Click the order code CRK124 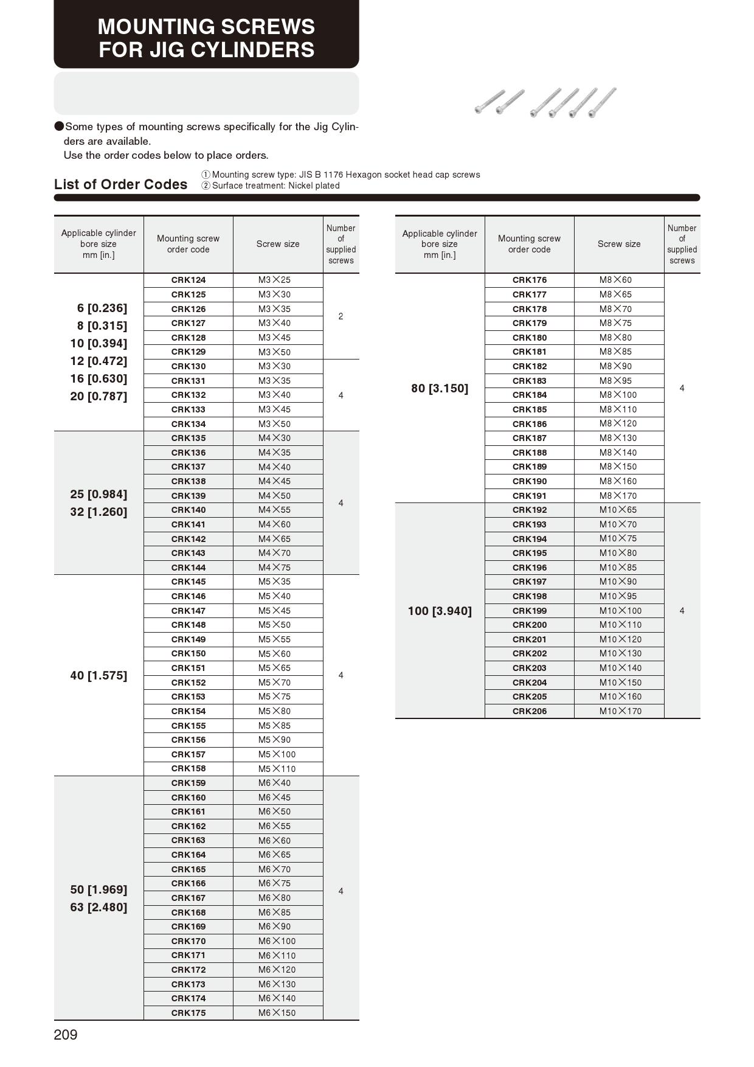pyautogui.click(x=188, y=280)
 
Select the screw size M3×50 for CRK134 pyautogui.click(x=274, y=424)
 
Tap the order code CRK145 pyautogui.click(x=188, y=582)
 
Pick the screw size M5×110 pyautogui.click(x=277, y=768)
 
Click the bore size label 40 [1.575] pyautogui.click(x=99, y=675)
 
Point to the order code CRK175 pyautogui.click(x=188, y=1013)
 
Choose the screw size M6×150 pyautogui.click(x=277, y=1013)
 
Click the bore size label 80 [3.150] pyautogui.click(x=440, y=388)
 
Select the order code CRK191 pyautogui.click(x=530, y=496)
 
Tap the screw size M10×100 pyautogui.click(x=620, y=611)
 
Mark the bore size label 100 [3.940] pyautogui.click(x=440, y=611)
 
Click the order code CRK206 pyautogui.click(x=530, y=711)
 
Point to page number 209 pyautogui.click(x=66, y=1035)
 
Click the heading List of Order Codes pyautogui.click(x=120, y=184)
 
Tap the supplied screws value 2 pyautogui.click(x=341, y=316)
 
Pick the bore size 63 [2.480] pyautogui.click(x=99, y=907)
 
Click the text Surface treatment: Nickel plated pyautogui.click(x=275, y=186)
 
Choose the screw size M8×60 pyautogui.click(x=615, y=280)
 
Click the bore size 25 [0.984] pyautogui.click(x=99, y=494)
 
